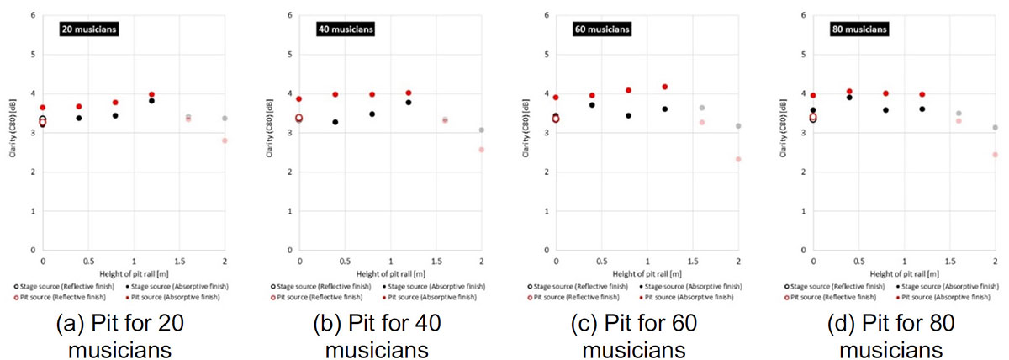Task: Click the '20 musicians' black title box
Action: [88, 30]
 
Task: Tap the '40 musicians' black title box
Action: [345, 30]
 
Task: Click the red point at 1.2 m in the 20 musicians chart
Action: [152, 95]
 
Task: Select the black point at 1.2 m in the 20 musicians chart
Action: [152, 101]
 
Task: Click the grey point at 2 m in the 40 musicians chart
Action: [481, 130]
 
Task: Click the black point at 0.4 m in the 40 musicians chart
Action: [335, 122]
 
